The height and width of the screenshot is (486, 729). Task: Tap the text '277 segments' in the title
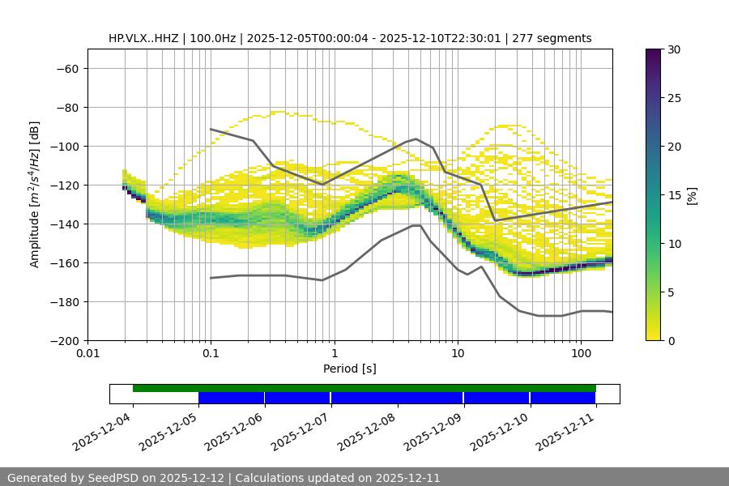553,38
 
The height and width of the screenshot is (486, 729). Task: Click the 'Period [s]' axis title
350,369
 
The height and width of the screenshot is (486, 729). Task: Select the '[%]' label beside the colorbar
692,195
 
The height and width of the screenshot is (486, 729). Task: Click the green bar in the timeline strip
364,388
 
